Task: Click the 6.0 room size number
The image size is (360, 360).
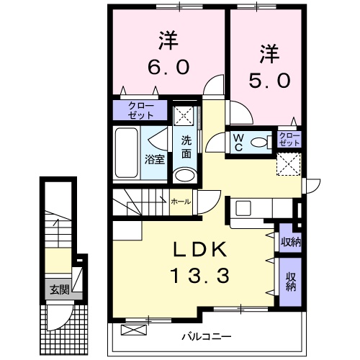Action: [x=170, y=67]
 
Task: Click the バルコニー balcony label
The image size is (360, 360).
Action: [x=206, y=336]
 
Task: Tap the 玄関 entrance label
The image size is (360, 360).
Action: [x=59, y=291]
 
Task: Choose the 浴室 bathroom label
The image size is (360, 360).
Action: [x=155, y=158]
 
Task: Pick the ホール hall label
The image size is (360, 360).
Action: [x=180, y=202]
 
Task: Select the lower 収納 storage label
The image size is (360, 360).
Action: [x=290, y=282]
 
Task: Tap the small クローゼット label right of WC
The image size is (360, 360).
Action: [x=288, y=139]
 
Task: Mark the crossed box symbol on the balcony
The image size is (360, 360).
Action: [x=132, y=330]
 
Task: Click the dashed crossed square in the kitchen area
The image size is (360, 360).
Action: [x=291, y=166]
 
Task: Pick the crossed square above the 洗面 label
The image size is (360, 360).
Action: [x=184, y=115]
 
